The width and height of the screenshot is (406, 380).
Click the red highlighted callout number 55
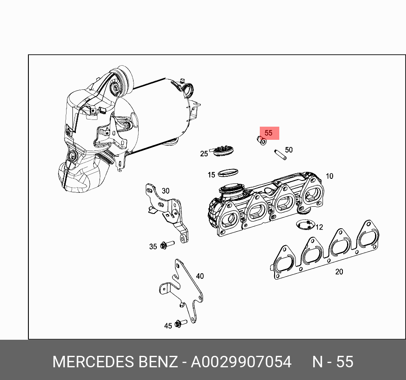point(269,133)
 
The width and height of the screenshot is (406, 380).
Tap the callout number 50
point(289,150)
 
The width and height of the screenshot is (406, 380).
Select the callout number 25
point(204,153)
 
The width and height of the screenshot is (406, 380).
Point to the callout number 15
point(211,175)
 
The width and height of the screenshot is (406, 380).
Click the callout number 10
point(329,176)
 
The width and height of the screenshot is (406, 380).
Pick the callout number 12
point(319,227)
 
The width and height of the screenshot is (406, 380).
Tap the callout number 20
point(339,272)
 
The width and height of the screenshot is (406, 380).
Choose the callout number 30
point(165,191)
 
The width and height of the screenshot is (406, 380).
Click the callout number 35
point(153,247)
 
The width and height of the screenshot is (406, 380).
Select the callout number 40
point(200,276)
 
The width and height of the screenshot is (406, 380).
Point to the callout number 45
point(168,326)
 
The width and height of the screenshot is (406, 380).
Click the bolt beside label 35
point(167,244)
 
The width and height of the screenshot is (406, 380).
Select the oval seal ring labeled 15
point(228,172)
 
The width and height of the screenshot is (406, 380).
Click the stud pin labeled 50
point(280,154)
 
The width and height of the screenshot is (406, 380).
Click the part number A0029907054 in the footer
point(241,362)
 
